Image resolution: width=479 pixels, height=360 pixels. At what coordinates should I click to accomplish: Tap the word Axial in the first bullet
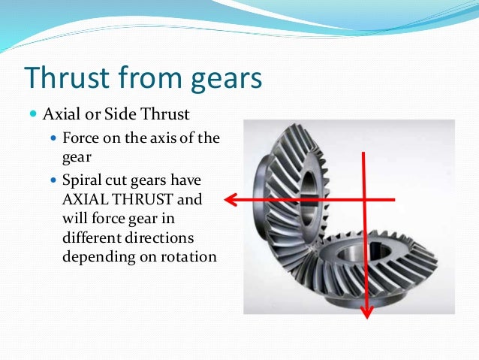pyautogui.click(x=59, y=115)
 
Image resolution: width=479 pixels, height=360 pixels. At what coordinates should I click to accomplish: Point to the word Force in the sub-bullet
pyautogui.click(x=81, y=139)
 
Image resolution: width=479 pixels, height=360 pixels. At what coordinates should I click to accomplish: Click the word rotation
pyautogui.click(x=191, y=256)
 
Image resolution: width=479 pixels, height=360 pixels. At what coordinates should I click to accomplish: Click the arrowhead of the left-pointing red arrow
pyautogui.click(x=230, y=199)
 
